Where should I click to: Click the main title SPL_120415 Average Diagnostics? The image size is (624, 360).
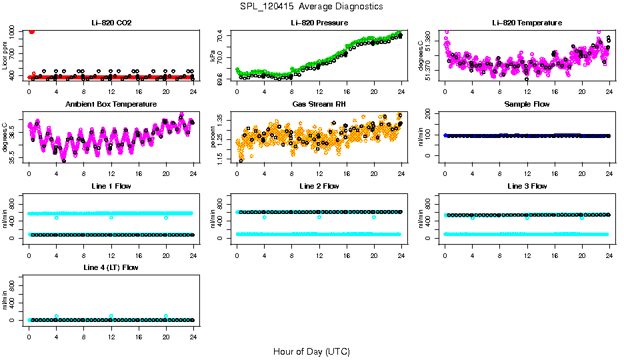pos(312,6)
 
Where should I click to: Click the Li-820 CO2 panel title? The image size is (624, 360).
pos(111,23)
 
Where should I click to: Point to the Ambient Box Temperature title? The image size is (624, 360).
pos(111,104)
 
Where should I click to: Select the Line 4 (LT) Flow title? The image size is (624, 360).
pos(111,267)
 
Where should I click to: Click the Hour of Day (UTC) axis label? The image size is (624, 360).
pos(311,351)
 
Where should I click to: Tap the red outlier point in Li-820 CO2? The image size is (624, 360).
pos(31,31)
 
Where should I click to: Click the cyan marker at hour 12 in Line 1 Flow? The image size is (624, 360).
pos(111,217)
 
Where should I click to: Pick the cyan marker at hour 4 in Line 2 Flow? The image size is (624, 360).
pos(265,217)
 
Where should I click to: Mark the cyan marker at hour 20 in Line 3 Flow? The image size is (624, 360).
pos(581,218)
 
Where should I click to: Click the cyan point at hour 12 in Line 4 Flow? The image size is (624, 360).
pos(111,316)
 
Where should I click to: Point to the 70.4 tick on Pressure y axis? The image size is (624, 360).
pos(223,38)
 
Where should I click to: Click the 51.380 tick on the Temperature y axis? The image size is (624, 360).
pos(431,41)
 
